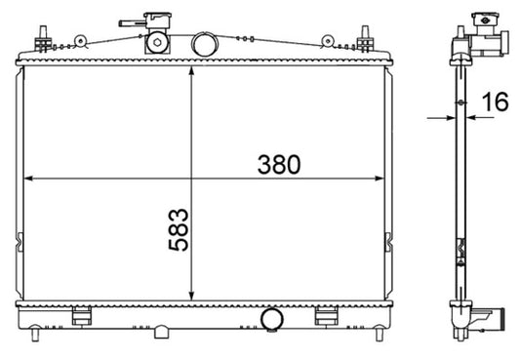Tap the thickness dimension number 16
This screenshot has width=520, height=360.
pos(495,100)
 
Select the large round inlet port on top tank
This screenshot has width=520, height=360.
pos(204,44)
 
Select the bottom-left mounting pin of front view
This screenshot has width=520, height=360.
pos(36,337)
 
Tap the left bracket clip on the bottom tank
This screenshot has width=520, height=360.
pos(84,313)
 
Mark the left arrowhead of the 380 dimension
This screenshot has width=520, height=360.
pos(26,179)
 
